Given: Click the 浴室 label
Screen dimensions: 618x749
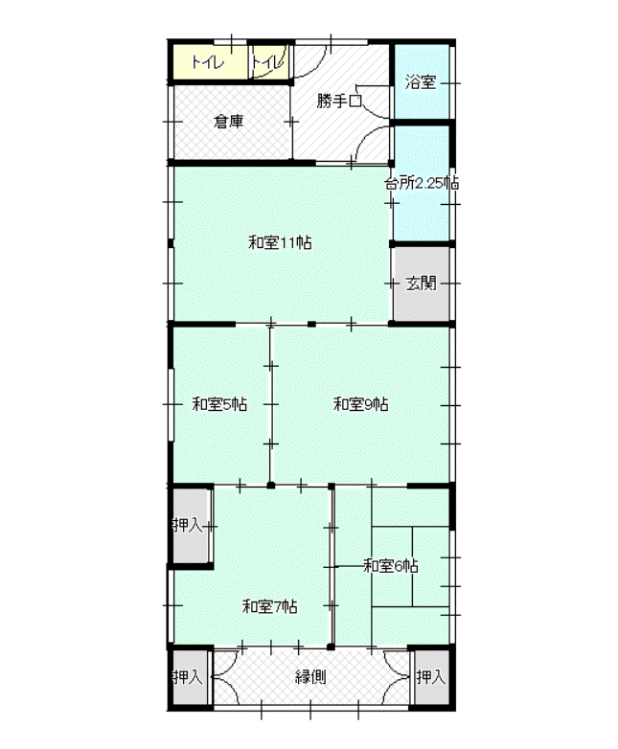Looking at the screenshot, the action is point(421,81).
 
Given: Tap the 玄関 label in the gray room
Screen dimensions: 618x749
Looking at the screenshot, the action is point(421,284).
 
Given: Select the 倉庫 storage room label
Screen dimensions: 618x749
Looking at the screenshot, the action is point(228,122).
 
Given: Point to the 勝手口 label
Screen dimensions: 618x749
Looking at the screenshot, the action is point(339,101).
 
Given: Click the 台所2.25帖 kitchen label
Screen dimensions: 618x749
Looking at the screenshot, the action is point(422,183).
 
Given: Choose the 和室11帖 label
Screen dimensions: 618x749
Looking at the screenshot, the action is point(280,242).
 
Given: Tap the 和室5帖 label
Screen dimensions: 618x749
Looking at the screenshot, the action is point(219,404).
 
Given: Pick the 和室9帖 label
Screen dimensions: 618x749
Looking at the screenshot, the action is point(361,404).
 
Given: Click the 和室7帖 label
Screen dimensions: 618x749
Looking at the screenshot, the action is point(270,606).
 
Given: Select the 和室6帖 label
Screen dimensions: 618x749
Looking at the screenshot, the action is point(391,566).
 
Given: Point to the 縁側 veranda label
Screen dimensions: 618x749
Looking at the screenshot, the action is point(310,677).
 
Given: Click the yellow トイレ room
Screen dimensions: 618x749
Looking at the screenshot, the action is point(210,61).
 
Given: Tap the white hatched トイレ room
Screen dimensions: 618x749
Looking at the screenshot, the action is point(270,61).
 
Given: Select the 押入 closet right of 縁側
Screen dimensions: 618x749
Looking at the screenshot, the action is point(431,677).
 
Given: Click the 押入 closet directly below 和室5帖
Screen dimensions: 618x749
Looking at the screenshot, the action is point(191,526).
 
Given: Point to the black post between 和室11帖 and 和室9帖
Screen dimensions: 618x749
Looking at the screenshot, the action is point(311,325).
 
